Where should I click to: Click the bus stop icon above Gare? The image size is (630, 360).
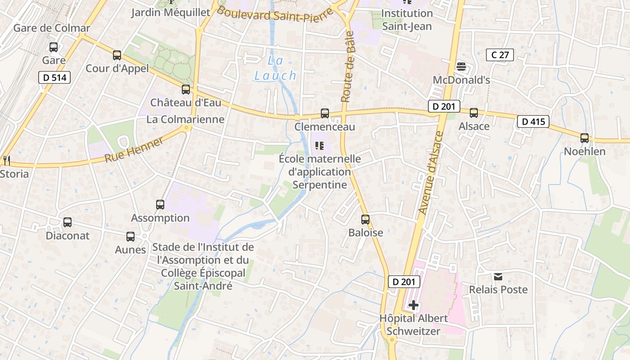[x=54, y=47]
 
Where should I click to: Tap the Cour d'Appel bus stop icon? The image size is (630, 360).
[x=117, y=55]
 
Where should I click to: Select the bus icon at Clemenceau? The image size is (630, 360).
[x=325, y=113]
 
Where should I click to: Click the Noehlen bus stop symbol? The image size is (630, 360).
[x=585, y=138]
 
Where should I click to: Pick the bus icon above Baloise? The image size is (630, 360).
[x=365, y=220]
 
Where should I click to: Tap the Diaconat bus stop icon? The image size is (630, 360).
[x=67, y=222]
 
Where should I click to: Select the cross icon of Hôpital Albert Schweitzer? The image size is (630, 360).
[x=414, y=306]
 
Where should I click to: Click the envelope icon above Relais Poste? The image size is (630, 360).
[x=498, y=276]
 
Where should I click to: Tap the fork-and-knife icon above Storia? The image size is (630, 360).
[x=6, y=160]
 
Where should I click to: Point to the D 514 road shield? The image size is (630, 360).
[x=54, y=77]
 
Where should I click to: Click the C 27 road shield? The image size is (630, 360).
[x=500, y=55]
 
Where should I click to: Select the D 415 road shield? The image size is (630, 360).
[x=533, y=121]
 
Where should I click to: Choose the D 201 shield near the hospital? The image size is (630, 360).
[x=404, y=282]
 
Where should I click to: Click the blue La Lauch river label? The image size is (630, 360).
[x=275, y=68]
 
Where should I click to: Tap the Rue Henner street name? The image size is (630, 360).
[x=134, y=150]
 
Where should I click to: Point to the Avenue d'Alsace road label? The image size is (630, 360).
[x=431, y=172]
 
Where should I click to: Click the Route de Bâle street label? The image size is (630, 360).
[x=347, y=67]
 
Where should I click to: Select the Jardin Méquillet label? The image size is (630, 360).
[x=171, y=12]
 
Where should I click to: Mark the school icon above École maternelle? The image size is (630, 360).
[x=319, y=145]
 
